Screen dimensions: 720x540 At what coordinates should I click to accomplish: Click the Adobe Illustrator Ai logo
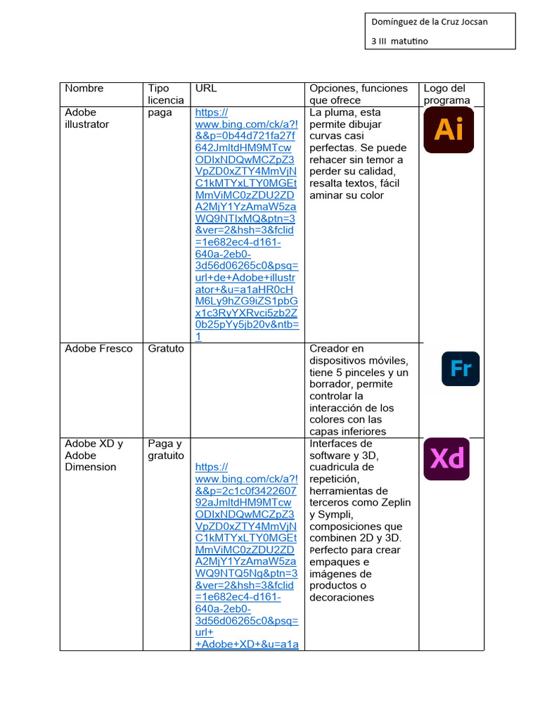coord(448,130)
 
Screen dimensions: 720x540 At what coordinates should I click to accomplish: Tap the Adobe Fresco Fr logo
coord(461,368)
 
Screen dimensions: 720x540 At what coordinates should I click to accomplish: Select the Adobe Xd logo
coord(446,459)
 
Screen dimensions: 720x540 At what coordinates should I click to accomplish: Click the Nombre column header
coord(84,89)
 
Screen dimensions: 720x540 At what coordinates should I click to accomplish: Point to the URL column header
coord(206,89)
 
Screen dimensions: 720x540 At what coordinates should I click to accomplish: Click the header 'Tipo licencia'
coord(165,94)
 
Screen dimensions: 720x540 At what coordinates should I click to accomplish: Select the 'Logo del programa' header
coord(446,94)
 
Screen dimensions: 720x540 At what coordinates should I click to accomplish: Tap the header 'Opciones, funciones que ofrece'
coord(359,94)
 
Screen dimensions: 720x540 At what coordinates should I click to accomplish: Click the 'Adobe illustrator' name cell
coord(87,118)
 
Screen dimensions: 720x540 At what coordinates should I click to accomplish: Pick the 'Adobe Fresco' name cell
coord(98,349)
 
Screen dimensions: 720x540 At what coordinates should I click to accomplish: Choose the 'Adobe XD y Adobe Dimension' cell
coord(94,455)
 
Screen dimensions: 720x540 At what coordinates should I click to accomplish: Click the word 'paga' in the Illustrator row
coord(160,112)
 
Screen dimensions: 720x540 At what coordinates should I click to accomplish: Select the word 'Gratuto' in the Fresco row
coord(166,349)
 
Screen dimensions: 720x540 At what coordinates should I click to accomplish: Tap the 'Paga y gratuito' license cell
coord(165,449)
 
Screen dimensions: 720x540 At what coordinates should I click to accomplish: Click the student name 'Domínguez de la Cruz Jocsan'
coord(430,22)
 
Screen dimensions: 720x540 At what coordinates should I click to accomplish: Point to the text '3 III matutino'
coord(399,41)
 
